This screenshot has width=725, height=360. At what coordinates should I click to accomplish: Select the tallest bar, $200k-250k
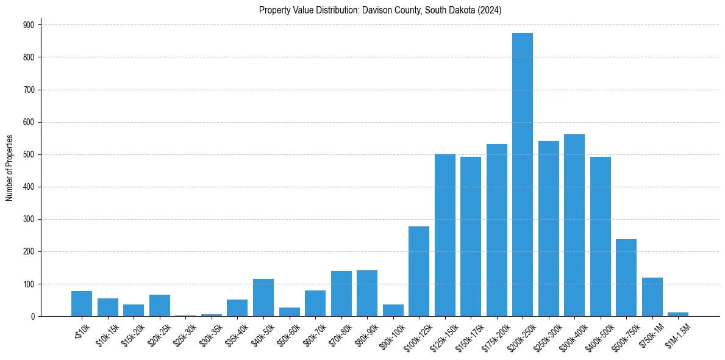pos(523,175)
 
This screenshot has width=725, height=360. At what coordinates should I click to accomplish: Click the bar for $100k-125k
pos(419,272)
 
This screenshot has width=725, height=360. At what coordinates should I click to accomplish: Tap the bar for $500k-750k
pos(626,278)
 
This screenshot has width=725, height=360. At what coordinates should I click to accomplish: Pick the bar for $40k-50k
pos(263,298)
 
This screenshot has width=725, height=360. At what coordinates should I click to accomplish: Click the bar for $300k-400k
pos(574,225)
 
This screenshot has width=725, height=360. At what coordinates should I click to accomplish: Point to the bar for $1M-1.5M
pos(678,314)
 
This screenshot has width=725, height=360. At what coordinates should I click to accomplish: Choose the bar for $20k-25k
pos(160,306)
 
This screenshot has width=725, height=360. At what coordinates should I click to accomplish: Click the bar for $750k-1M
pos(652,297)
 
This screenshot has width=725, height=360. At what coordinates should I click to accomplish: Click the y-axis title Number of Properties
pos(9,168)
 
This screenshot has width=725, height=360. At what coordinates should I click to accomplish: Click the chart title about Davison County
pos(380,10)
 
